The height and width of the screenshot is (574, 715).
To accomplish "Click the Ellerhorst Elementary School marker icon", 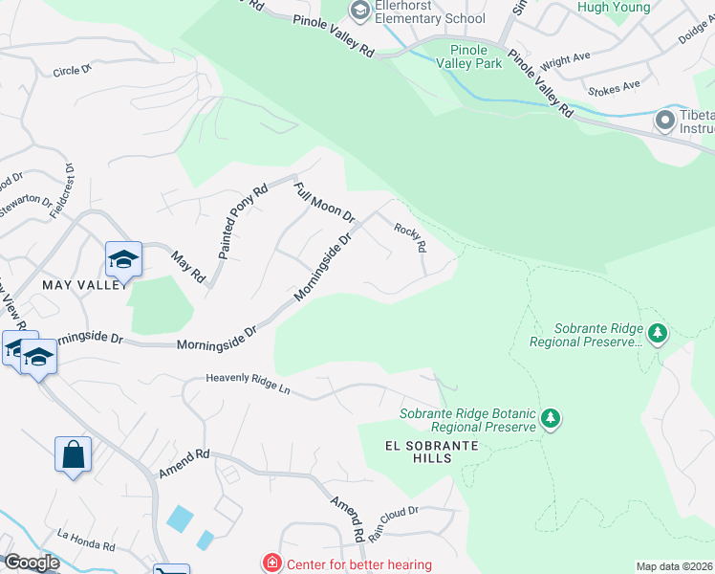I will point(360,11).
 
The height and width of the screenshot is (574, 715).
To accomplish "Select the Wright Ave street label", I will point(566,61).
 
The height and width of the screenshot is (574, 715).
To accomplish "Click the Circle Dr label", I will point(72,71).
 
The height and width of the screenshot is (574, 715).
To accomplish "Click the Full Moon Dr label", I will point(324,203).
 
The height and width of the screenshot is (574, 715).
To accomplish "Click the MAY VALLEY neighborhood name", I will point(84,284).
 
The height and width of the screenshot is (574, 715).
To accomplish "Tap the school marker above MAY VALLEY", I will point(123,260).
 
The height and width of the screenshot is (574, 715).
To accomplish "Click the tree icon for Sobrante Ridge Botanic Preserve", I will point(550,418).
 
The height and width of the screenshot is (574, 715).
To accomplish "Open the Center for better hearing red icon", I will point(272,564).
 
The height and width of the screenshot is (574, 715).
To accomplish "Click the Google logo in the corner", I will point(31,563).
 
